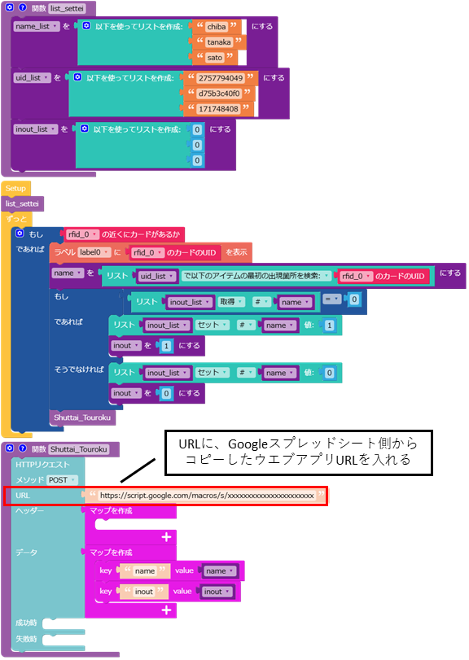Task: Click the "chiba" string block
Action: pos(217,27)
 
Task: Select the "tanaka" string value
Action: pos(219,42)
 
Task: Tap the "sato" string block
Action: pos(215,58)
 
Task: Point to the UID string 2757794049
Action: pos(220,78)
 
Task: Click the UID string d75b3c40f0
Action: pos(219,94)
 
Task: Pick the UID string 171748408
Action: pos(218,109)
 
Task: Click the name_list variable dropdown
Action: pos(37,27)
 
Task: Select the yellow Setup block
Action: pos(15,189)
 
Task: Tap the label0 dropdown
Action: pos(94,252)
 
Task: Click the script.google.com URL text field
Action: pos(207,496)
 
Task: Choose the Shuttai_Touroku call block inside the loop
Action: pos(82,417)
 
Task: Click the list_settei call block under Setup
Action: pos(22,203)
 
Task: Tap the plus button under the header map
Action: pos(166,537)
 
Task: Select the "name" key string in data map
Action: pos(145,570)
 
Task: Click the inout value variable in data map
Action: pos(217,592)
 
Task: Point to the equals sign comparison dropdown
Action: pos(331,299)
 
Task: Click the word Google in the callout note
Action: pos(248,444)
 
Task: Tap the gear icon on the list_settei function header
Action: pos(10,7)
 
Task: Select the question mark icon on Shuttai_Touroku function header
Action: pos(23,448)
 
